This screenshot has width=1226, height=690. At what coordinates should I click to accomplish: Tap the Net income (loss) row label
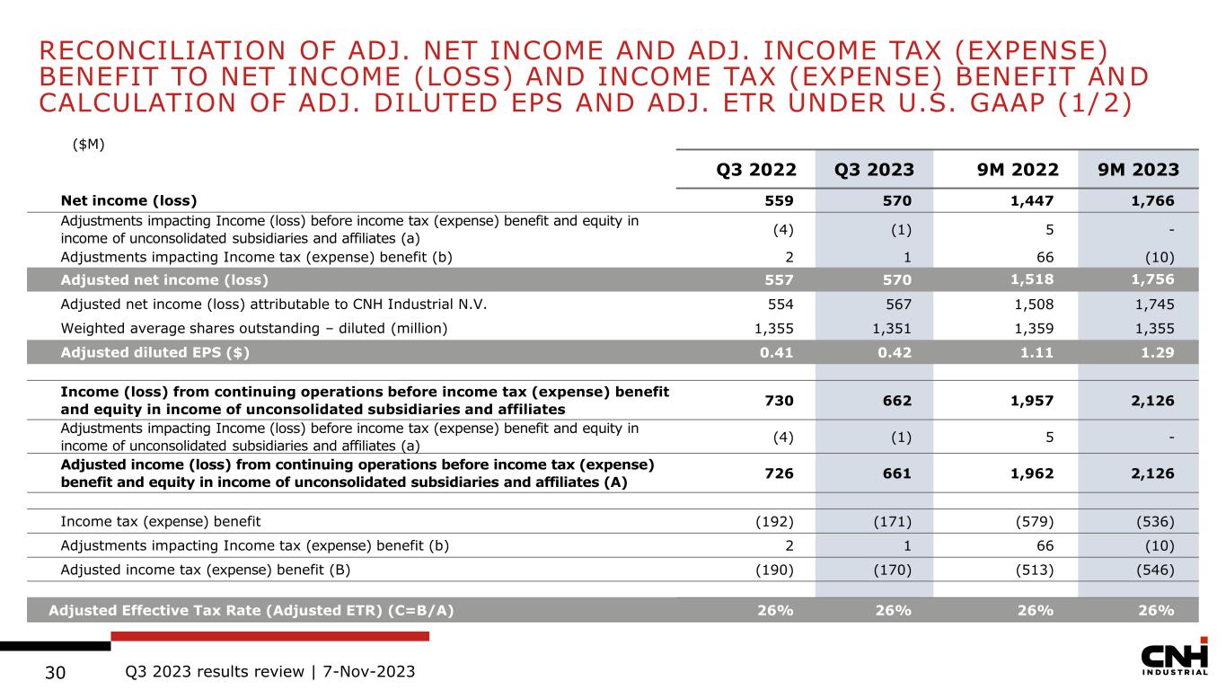coord(128,200)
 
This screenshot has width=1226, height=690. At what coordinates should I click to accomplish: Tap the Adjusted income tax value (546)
coord(1154,570)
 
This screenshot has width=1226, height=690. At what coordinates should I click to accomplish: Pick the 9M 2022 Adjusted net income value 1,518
coord(1026,279)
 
